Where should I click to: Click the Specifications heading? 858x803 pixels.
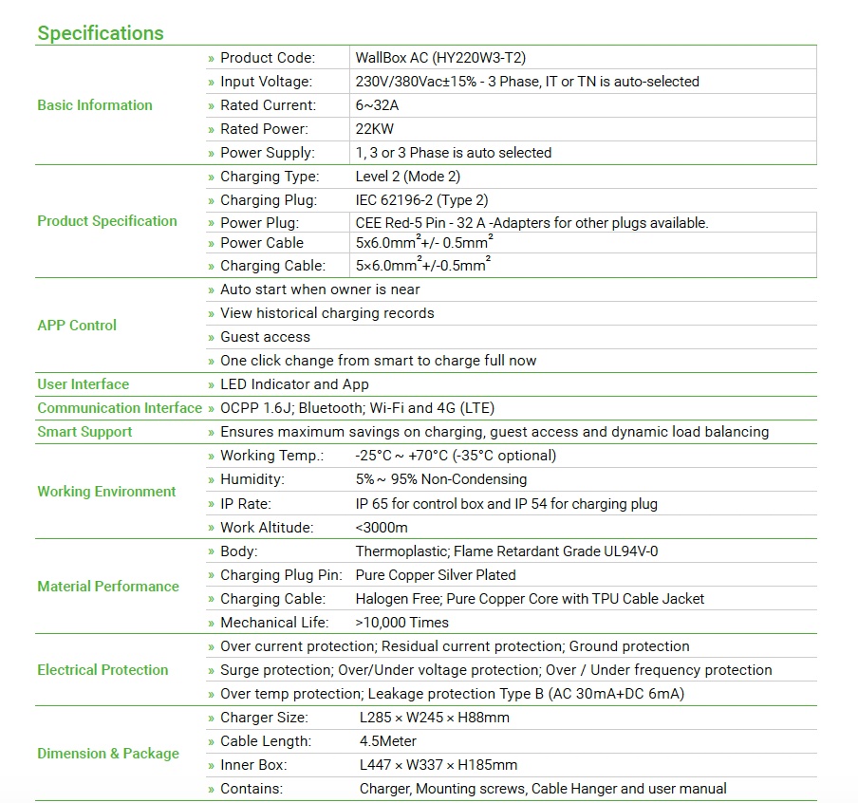click(100, 33)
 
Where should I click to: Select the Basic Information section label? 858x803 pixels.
click(95, 105)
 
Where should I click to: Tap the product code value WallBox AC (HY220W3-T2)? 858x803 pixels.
click(440, 58)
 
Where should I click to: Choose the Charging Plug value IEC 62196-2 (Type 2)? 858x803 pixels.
click(421, 200)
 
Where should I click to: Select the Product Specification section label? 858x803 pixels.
click(107, 221)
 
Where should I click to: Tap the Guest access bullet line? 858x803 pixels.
click(265, 337)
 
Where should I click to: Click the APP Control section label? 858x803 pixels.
click(77, 325)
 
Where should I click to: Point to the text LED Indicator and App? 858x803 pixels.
click(294, 384)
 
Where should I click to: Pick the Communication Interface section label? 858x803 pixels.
click(120, 408)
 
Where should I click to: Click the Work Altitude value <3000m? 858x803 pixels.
click(382, 528)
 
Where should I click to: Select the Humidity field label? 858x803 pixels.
click(252, 480)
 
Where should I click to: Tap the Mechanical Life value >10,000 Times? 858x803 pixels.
click(402, 623)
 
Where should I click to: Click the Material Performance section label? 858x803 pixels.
click(108, 587)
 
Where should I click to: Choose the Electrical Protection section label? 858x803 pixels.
click(103, 670)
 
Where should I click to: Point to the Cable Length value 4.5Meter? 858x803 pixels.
click(388, 741)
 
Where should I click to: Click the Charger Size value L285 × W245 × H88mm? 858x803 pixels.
click(435, 718)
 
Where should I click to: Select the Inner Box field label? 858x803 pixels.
click(253, 765)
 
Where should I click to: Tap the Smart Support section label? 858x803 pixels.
click(85, 432)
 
